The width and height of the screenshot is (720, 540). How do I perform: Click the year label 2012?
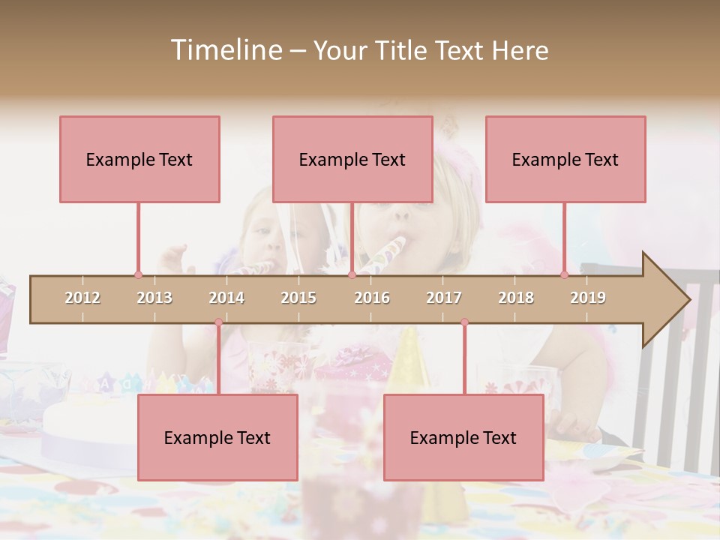coord(82,298)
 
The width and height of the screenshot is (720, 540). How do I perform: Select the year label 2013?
coord(154,298)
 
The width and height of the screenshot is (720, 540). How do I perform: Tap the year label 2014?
coord(226,298)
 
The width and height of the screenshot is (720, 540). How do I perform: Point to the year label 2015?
coord(298,298)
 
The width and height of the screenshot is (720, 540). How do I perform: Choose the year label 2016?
coord(372,298)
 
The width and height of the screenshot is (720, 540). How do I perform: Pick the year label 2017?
coord(444,298)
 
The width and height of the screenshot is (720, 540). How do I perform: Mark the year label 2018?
coord(516,298)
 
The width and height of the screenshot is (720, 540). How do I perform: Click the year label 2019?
coord(588,298)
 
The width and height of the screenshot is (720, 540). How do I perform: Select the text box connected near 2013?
coord(139,159)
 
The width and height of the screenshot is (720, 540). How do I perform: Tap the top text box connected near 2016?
coord(352,159)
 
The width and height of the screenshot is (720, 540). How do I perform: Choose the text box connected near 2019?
coord(565,159)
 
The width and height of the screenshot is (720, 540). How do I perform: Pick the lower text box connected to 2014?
coord(217,437)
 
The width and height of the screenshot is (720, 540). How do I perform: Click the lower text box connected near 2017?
coord(463,437)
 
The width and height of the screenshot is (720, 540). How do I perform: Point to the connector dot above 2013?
coord(138,275)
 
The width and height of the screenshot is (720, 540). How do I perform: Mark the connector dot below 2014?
coord(218,322)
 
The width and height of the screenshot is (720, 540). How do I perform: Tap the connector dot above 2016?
coord(352,275)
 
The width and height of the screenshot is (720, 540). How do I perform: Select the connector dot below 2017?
coord(464,322)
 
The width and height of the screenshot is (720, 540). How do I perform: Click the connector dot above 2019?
coord(565,275)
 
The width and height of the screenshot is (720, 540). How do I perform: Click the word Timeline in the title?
coord(225,50)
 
